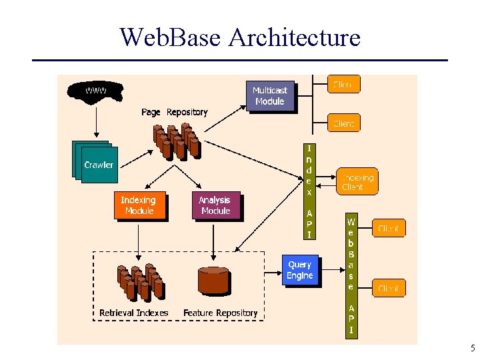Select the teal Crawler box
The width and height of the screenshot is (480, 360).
coord(97,164)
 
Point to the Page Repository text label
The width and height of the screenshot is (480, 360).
coord(174,112)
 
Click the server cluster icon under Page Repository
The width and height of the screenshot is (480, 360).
coord(177,142)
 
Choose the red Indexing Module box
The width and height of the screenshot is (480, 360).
coord(138,205)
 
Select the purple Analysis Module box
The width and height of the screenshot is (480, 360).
coord(215,205)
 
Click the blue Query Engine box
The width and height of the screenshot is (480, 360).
coord(299,270)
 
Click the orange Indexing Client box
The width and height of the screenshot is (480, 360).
coord(357,182)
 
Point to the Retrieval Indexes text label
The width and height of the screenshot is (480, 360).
coord(133,313)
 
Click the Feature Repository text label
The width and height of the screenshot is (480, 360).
coord(220,313)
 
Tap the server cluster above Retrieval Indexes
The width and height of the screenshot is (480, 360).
coord(139,281)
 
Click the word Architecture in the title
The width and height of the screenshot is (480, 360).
coord(294,37)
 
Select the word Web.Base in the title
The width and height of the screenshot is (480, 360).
coord(170,37)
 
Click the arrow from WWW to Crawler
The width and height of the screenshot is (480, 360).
coord(96,121)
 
